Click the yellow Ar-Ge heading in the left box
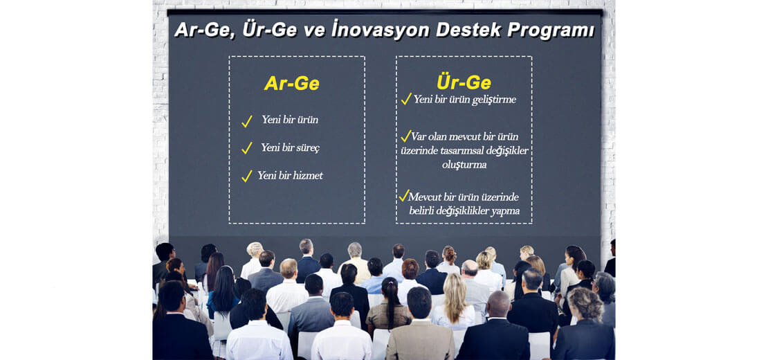291,83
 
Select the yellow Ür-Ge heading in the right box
464,82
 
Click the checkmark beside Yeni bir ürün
247,121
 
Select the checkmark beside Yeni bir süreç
247,148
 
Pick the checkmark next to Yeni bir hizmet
247,176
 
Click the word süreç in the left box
306,148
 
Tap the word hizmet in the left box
307,175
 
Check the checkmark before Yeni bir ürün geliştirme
406,99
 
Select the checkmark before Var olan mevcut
405,136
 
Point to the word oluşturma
464,165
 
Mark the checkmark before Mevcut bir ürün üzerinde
403,195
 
